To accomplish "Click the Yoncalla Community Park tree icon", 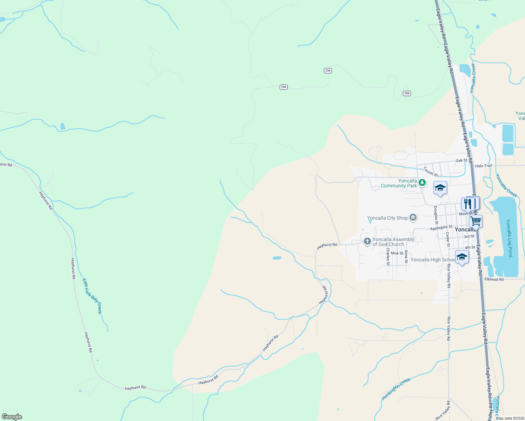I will tap(422, 182).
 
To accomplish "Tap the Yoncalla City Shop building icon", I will tap(413, 218).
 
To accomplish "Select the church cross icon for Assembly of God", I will tap(367, 241).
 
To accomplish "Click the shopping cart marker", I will tap(476, 221).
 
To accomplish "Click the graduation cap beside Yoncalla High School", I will tap(461, 257).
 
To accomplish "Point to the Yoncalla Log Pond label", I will tap(509, 238).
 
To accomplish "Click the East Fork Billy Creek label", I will tap(92, 296).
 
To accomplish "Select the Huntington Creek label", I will tap(396, 389).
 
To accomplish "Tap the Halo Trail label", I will tap(484, 166).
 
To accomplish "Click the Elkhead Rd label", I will tap(494, 279).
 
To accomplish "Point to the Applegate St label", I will tap(441, 228).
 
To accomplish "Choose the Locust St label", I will tap(431, 172).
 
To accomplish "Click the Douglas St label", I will tap(436, 215).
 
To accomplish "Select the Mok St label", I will tap(397, 253).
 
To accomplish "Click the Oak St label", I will tap(461, 161).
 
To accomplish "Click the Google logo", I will tap(12, 417).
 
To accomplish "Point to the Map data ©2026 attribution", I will tap(510, 418).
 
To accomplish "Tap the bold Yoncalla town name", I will tap(465, 229).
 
